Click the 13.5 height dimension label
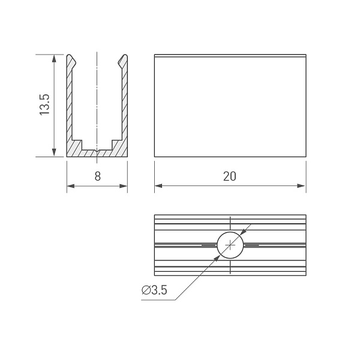pos(44,104)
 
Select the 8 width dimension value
pos(98,176)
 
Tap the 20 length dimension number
pos(230,176)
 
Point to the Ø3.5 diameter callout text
pos(154,290)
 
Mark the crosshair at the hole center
pos(230,245)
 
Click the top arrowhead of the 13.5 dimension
pos(54,59)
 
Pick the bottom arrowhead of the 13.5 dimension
pos(54,152)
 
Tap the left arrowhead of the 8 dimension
pos(71,186)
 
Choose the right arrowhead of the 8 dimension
pos(123,186)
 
